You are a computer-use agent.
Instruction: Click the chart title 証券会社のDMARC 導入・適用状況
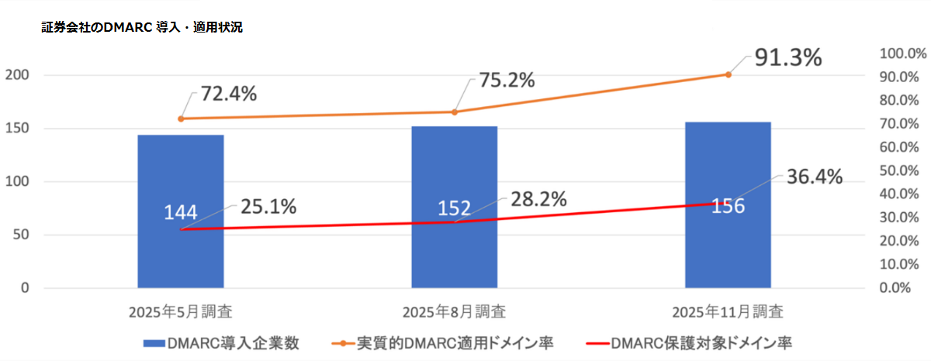142,27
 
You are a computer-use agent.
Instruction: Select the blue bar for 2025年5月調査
181,256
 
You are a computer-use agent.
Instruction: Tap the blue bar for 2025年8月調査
455,256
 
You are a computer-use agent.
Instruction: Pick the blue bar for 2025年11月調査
728,248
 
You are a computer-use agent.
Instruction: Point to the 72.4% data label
229,95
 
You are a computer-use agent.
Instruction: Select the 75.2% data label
506,80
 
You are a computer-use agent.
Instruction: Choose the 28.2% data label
538,198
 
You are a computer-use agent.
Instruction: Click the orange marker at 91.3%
728,74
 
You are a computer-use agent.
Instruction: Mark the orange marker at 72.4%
181,119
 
